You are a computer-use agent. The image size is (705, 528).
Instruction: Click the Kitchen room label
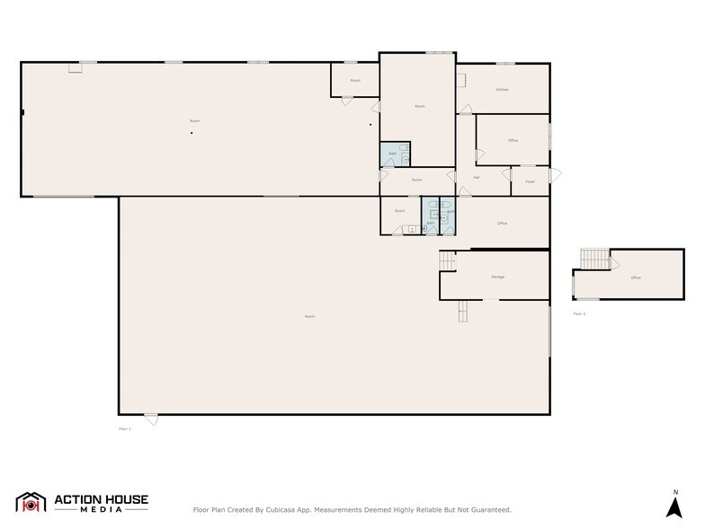click(503, 90)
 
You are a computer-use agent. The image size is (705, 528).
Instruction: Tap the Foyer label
click(530, 181)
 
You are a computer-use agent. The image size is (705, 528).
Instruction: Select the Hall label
click(476, 177)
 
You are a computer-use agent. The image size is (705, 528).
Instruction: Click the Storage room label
click(497, 277)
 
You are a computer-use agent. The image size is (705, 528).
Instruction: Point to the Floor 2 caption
click(579, 313)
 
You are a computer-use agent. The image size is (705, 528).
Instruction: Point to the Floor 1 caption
click(125, 429)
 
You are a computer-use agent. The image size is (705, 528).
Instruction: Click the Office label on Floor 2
click(636, 277)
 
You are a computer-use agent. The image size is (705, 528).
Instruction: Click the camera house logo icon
click(31, 504)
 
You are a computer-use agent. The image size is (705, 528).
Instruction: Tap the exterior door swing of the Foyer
click(556, 174)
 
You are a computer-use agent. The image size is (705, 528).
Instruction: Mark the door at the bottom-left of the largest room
click(151, 419)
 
